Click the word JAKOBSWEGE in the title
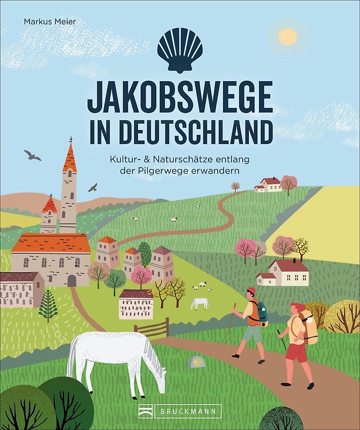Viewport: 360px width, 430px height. [x=180, y=99]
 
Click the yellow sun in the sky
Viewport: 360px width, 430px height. [x=288, y=37]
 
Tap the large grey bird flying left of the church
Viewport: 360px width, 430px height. [x=32, y=155]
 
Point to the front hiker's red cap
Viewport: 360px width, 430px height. [x=251, y=290]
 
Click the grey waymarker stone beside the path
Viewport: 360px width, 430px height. [x=195, y=362]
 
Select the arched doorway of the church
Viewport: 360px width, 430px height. [x=72, y=280]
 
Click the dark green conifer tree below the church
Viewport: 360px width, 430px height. [x=48, y=304]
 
